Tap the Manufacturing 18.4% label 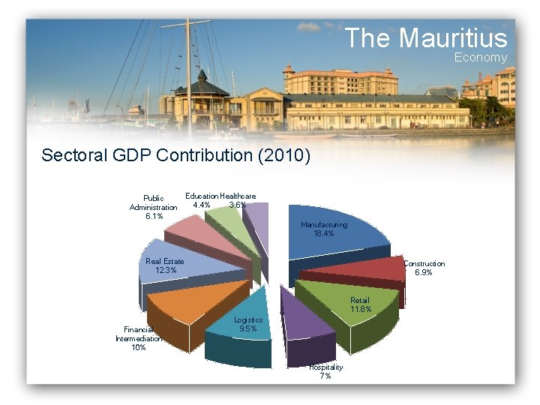323,229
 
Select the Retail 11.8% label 359,304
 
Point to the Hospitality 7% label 325,371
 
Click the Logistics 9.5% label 247,324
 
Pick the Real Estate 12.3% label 165,265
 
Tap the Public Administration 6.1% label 154,207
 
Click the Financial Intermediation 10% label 138,338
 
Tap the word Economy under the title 480,58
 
